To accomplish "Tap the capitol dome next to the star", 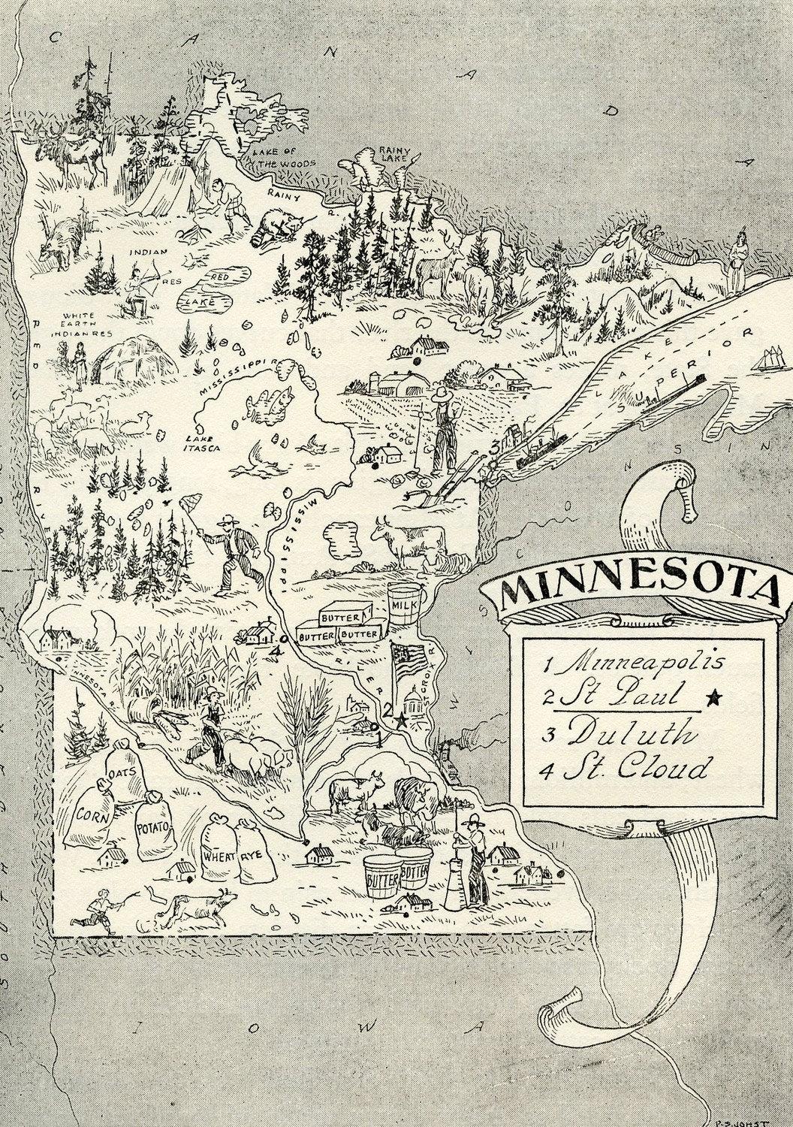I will (415, 705).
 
